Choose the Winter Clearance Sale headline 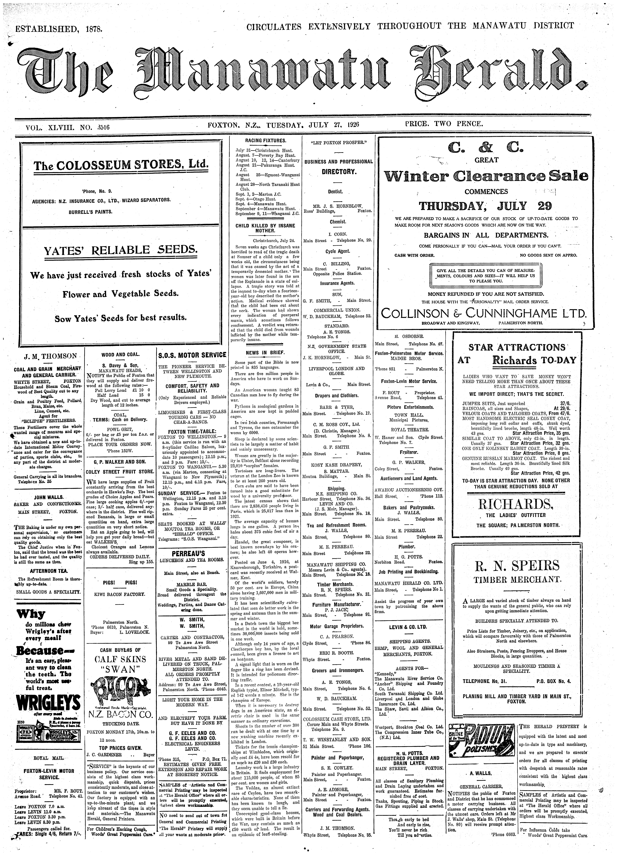(486, 176)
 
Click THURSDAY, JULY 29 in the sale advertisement (486, 206)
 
